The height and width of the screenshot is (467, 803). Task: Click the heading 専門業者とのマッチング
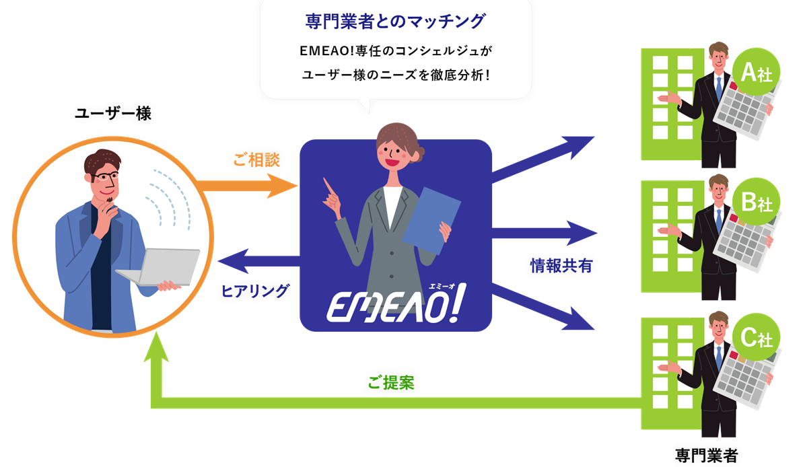[x=395, y=21]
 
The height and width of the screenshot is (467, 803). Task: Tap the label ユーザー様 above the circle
[x=113, y=113]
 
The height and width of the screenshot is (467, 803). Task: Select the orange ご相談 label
[x=256, y=159]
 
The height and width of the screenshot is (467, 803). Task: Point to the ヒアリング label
[x=255, y=290]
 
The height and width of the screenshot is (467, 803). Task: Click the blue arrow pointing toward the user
[x=258, y=261]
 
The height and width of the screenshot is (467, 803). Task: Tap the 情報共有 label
[x=561, y=265]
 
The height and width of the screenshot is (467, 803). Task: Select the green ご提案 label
[x=391, y=382]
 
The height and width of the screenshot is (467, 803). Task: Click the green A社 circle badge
[x=756, y=72]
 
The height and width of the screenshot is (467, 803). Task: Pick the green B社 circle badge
[x=757, y=202]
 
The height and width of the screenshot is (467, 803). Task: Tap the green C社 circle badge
[x=757, y=337]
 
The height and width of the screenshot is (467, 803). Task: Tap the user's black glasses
[x=106, y=177]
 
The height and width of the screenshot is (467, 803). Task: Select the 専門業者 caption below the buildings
[x=706, y=455]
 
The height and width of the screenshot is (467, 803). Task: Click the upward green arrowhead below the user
[x=156, y=347]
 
